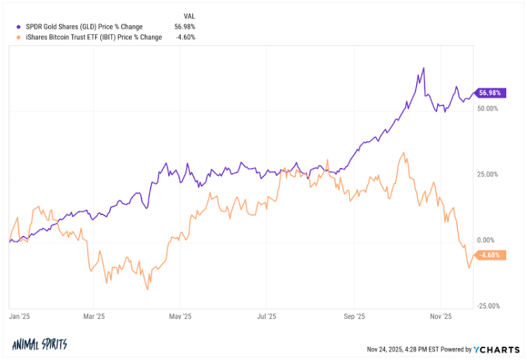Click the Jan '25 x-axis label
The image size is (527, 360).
[x=20, y=317]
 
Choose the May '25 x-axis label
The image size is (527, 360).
[x=180, y=317]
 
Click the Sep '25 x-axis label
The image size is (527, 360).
[x=355, y=317]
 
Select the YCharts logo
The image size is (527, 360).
[x=496, y=349]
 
